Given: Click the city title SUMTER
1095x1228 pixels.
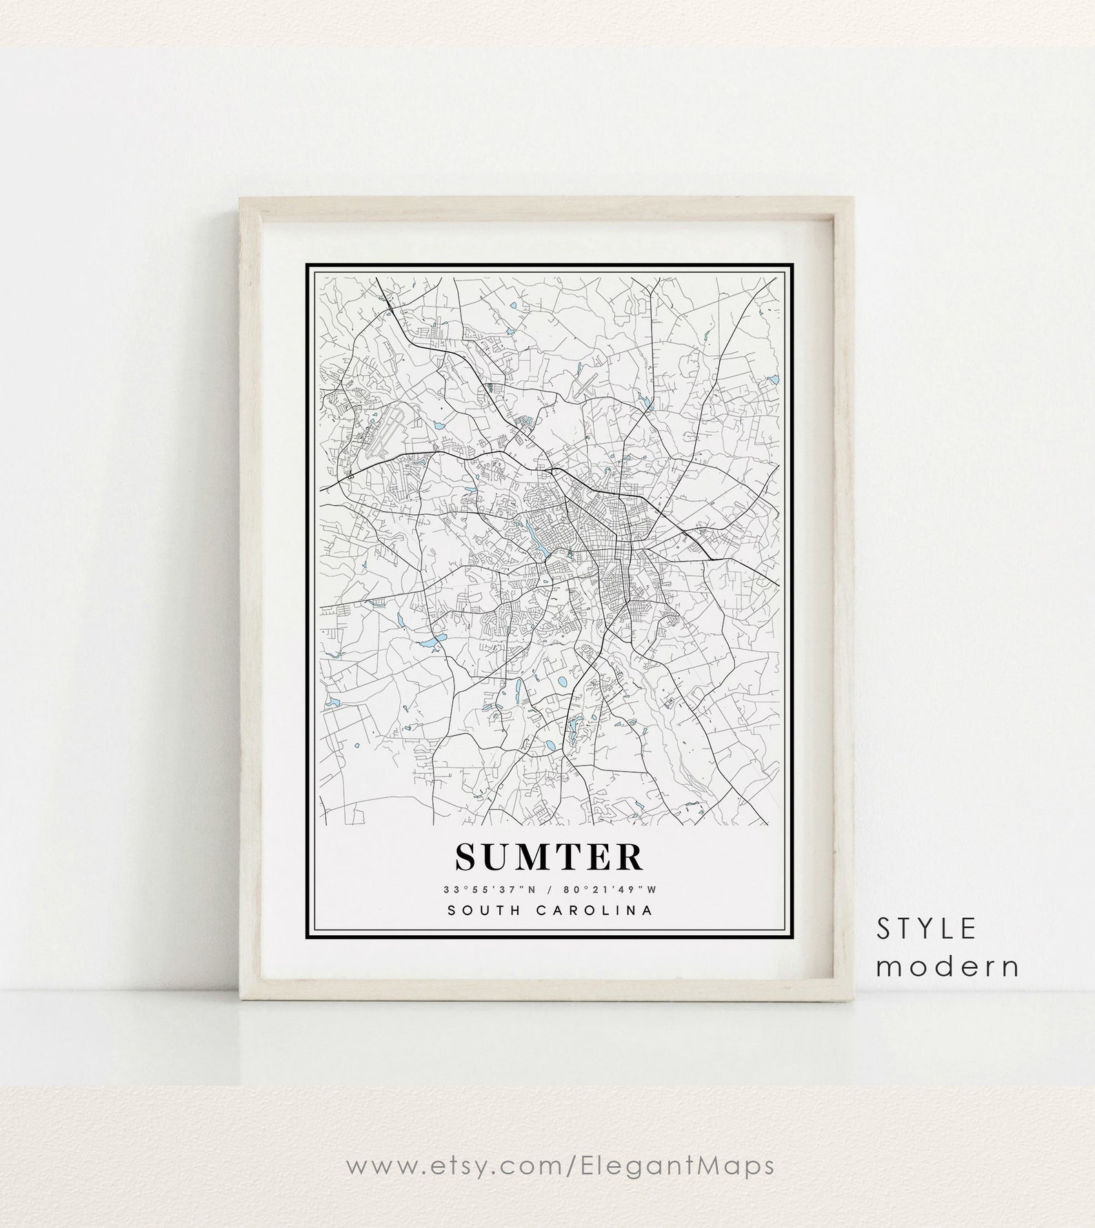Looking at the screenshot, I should [549, 857].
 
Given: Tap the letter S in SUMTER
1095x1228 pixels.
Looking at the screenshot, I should [466, 857].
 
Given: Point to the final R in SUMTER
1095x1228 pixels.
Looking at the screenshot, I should [631, 857].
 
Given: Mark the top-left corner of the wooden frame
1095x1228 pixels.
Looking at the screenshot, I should [241, 199].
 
